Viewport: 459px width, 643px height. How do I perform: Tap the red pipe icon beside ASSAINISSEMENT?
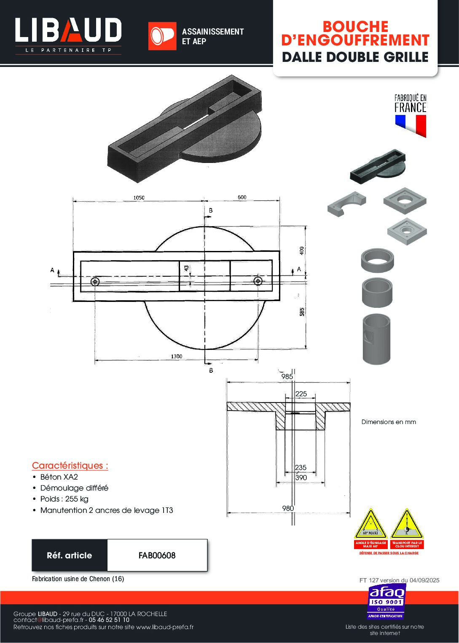pos(162,36)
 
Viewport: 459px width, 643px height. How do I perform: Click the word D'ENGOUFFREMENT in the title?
pos(355,40)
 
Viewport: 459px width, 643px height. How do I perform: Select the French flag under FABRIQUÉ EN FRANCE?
pos(411,125)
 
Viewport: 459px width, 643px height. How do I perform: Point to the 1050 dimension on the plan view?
pos(139,197)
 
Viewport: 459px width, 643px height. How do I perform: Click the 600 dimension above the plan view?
pos(242,197)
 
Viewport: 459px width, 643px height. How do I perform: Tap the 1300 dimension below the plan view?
pos(176,356)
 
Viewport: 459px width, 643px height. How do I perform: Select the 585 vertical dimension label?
pos(302,312)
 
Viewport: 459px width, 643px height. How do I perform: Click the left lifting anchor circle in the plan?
pos(95,281)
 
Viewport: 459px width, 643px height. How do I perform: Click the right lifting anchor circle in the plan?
pos(258,281)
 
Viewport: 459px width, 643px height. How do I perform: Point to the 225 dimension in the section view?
pos(301,394)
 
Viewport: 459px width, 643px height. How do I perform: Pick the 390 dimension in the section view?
pos(301,478)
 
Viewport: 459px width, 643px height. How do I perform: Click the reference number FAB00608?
pos(157,555)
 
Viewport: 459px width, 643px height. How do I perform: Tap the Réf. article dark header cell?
pos(70,555)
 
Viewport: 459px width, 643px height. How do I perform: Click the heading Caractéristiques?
pos(70,466)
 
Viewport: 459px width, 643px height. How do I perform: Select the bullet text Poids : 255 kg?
pos(64,499)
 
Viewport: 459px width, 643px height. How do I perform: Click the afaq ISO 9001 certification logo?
pos(387,601)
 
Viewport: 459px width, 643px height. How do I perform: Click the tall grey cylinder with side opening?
pos(377,339)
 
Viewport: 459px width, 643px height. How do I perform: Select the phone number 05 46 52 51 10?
pos(109,620)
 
